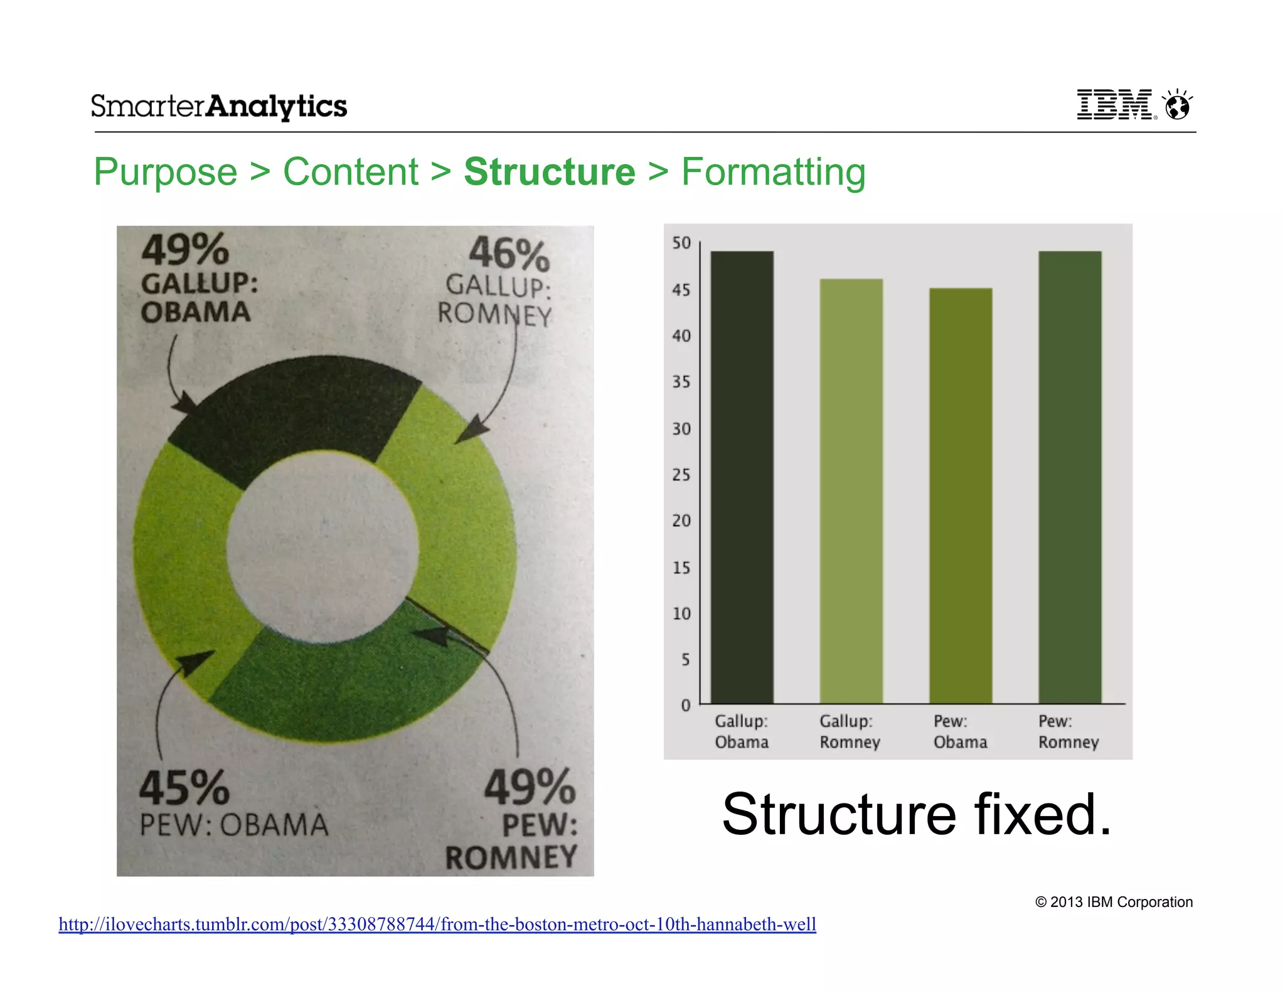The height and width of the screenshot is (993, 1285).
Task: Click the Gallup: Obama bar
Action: click(742, 477)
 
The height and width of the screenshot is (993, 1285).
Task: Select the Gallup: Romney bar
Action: click(851, 491)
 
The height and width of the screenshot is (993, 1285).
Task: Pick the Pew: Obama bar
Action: click(960, 496)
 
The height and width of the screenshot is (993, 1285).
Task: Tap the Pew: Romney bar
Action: click(1069, 477)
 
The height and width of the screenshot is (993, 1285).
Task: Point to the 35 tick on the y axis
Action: click(681, 382)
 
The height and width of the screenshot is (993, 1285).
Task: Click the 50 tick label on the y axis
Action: click(681, 243)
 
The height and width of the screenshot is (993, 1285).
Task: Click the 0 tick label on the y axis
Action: click(685, 706)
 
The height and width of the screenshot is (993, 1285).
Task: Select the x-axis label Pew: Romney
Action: click(1068, 732)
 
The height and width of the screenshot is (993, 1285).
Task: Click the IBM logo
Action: click(1114, 104)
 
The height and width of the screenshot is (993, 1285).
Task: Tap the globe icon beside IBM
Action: click(1177, 105)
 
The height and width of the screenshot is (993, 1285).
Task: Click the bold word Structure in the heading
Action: click(549, 172)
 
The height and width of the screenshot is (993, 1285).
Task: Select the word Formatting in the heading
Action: click(773, 172)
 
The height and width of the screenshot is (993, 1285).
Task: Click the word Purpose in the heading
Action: click(166, 172)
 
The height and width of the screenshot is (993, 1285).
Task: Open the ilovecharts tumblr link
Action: click(437, 924)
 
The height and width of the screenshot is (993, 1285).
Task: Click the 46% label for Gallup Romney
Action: click(509, 254)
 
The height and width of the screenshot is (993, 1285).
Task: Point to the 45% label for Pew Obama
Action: click(184, 788)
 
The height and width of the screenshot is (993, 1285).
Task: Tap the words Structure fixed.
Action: click(916, 814)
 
